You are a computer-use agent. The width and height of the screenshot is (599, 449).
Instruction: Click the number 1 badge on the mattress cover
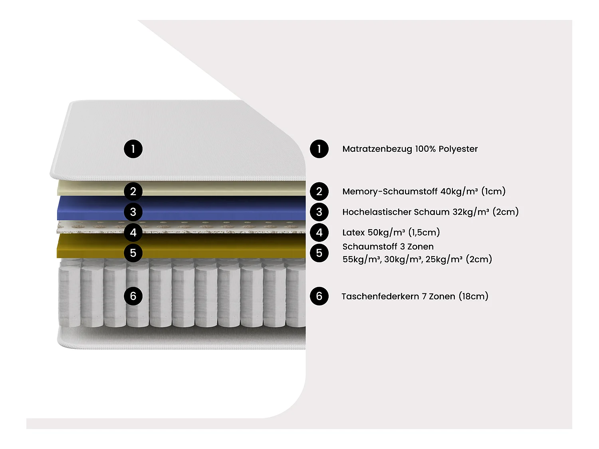[133, 149]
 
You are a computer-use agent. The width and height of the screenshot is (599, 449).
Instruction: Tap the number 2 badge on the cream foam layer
[133, 191]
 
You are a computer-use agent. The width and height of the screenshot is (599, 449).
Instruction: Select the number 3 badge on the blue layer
[133, 212]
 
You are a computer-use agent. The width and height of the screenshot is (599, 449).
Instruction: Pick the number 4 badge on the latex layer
[133, 232]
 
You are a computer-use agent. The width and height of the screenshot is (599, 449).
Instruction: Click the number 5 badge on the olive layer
[133, 253]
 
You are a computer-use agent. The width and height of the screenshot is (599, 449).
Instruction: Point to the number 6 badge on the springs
[133, 296]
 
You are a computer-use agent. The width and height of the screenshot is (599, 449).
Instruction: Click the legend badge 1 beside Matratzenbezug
[319, 149]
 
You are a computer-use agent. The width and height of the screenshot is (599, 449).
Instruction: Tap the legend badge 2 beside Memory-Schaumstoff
[319, 191]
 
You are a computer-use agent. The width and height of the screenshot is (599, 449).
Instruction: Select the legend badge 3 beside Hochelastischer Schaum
[319, 212]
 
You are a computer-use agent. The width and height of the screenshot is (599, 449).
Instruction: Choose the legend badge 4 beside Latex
[319, 232]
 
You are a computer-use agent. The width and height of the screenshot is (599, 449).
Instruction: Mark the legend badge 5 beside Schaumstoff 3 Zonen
[319, 253]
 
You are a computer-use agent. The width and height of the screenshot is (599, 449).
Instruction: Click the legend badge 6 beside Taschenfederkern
[319, 296]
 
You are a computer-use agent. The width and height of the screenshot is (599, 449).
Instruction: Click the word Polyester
[458, 149]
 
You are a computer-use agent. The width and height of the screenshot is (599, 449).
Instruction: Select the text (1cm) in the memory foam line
[494, 191]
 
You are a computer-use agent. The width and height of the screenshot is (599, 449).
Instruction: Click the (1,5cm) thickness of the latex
[424, 232]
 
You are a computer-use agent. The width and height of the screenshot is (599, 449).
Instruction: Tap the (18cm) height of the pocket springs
[474, 296]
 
